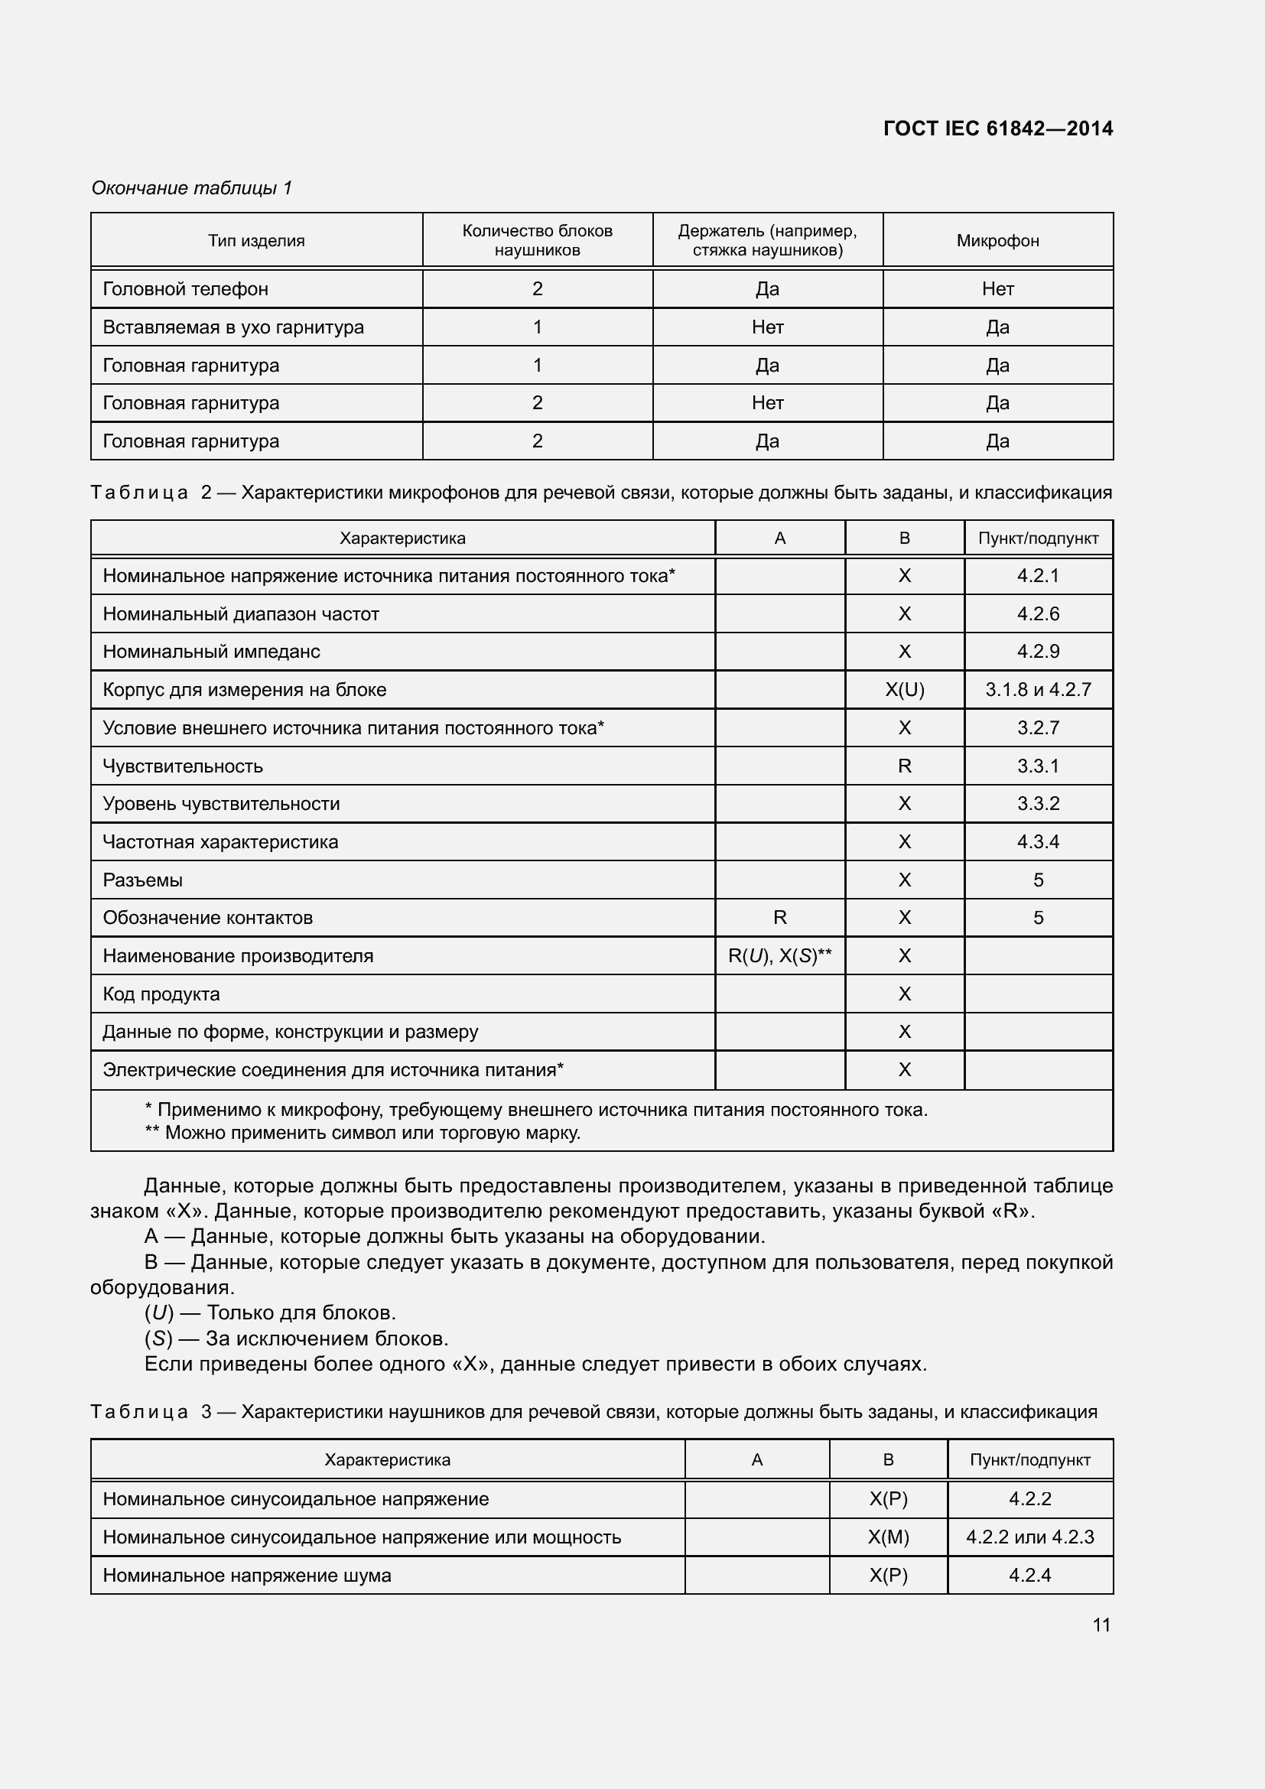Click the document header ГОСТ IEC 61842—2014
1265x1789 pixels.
click(998, 128)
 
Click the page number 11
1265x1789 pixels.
click(1101, 1625)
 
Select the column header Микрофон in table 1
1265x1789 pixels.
click(997, 241)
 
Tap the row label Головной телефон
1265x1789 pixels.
click(185, 289)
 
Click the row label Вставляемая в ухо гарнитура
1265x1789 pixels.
click(233, 327)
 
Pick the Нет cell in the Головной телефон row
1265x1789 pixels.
click(997, 289)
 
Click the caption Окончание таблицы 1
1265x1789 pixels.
click(192, 188)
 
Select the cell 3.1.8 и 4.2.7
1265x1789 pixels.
click(1038, 690)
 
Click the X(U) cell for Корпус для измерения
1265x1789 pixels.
click(904, 690)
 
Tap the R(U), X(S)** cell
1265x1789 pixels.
click(779, 956)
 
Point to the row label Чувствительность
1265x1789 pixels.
click(183, 766)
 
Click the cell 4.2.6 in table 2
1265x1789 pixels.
click(1038, 614)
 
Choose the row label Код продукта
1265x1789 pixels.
click(161, 994)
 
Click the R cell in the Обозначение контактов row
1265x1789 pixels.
click(779, 918)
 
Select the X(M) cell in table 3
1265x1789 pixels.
click(888, 1537)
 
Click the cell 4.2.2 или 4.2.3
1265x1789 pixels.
click(1029, 1537)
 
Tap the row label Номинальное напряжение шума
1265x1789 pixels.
click(247, 1576)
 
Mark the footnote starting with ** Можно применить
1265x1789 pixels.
click(363, 1132)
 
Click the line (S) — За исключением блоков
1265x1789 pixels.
click(296, 1338)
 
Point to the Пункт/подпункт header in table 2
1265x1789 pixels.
click(1038, 538)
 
